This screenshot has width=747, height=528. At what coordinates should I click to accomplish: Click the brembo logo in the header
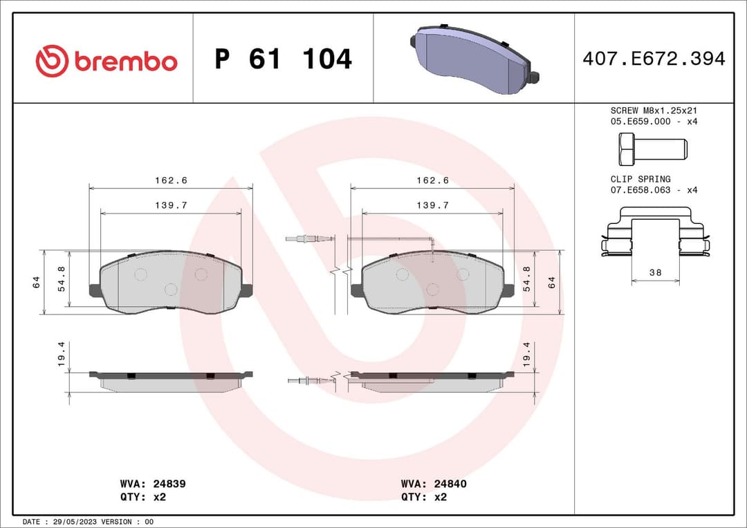[x=107, y=61]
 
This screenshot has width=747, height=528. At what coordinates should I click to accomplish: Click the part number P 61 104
[x=283, y=59]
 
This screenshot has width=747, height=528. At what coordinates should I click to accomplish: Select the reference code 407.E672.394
[x=654, y=59]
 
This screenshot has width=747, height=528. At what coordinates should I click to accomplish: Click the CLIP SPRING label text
[x=640, y=179]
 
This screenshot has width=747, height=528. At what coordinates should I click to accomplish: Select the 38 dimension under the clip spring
[x=656, y=273]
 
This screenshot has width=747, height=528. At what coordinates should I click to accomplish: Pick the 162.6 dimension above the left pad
[x=171, y=180]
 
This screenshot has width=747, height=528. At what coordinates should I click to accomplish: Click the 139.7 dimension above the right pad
[x=432, y=205]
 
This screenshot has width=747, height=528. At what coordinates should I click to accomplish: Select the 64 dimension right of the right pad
[x=552, y=282]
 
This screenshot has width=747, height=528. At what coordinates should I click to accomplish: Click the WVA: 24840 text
[x=434, y=484]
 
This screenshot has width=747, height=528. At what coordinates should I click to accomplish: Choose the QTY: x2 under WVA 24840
[x=424, y=497]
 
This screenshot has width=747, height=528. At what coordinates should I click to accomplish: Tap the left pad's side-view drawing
[x=171, y=381]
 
